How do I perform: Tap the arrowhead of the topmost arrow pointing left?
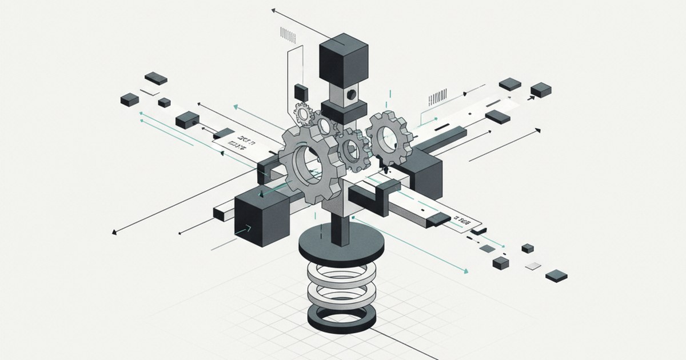point(274,10)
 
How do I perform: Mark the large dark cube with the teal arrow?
point(260,220)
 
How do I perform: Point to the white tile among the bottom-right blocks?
point(533,265)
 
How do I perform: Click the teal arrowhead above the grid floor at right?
point(466,270)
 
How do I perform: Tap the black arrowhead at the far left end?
point(115,232)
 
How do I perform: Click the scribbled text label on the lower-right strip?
point(461,219)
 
